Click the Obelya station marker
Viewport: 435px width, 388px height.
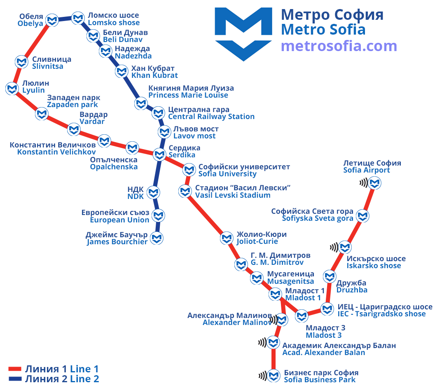point(52,20)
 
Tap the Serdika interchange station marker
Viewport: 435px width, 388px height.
point(159,154)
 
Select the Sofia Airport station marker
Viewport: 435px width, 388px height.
point(374,183)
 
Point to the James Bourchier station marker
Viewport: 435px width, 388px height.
point(157,238)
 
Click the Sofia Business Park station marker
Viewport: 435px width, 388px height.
point(274,376)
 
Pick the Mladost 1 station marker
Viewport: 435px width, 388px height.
point(275,294)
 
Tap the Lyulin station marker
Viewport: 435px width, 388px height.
point(12,89)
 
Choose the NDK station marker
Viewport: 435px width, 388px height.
point(153,192)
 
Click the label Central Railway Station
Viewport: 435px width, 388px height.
point(211,117)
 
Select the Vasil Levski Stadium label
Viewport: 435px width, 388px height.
point(233,195)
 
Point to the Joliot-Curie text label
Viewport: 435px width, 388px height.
point(257,241)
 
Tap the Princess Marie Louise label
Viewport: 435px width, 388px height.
point(188,95)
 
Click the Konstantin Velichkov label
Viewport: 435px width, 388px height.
point(56,152)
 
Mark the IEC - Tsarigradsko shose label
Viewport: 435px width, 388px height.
point(382,314)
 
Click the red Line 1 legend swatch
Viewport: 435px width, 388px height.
point(15,369)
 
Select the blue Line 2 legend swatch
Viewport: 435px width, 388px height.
point(15,379)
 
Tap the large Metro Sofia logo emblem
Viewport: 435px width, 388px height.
point(243,34)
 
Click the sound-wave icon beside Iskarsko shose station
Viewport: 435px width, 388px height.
point(334,247)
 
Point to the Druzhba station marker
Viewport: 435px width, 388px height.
point(330,276)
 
